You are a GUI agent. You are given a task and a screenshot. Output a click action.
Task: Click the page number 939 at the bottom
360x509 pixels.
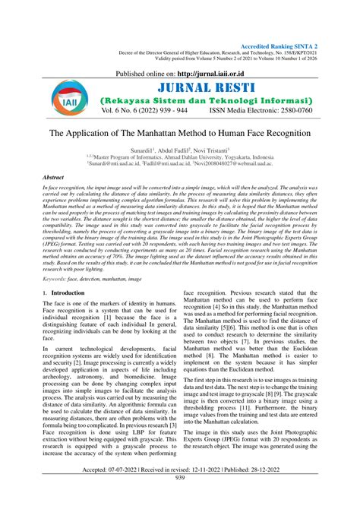pos(181,499)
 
